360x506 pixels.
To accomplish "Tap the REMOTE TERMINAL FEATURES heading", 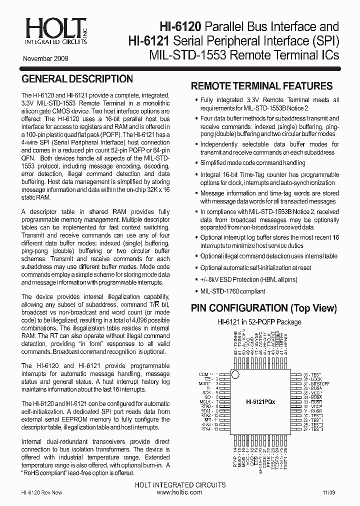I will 261,86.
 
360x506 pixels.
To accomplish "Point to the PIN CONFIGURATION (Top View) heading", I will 264,308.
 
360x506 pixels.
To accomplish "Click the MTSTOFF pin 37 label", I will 320,383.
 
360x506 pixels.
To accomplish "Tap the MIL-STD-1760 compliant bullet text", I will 232,291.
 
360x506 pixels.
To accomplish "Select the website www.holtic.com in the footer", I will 179,492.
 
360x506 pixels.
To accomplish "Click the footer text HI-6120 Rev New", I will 42,492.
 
